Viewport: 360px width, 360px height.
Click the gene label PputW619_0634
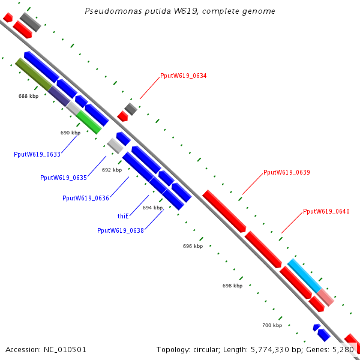tap(183, 76)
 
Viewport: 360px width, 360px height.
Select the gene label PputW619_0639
tap(286, 172)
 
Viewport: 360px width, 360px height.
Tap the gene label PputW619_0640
tap(326, 211)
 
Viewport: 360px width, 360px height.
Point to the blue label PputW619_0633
tap(37, 154)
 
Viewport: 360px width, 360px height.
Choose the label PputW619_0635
tap(64, 178)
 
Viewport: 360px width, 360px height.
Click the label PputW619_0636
tap(86, 198)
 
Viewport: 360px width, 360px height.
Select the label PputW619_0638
tap(120, 230)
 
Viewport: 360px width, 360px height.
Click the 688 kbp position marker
tap(28, 96)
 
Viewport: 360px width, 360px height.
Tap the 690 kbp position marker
tap(70, 133)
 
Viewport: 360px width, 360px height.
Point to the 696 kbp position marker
tap(193, 246)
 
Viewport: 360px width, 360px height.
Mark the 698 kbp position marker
tap(232, 286)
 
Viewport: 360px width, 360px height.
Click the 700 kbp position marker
tap(272, 325)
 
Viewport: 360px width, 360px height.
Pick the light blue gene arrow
tap(304, 275)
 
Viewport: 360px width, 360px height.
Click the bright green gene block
tap(89, 122)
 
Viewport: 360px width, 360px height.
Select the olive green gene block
tap(34, 74)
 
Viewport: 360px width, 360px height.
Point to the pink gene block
tap(326, 297)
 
